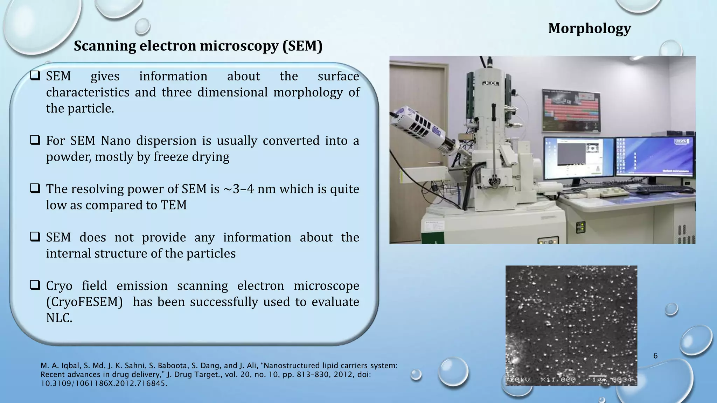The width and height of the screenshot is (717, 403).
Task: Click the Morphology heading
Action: point(589,28)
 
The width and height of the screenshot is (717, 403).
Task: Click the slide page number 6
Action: point(655,356)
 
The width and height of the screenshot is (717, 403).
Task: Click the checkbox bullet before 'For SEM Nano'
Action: point(35,140)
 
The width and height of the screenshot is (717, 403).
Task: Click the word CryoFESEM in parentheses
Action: point(84,302)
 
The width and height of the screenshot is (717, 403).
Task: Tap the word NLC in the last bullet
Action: point(58,318)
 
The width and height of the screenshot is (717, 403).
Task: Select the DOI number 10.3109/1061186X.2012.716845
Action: point(104,383)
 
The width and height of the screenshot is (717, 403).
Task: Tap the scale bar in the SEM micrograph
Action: point(597,377)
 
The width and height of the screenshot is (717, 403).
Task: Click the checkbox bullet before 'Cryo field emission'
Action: point(35,285)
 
